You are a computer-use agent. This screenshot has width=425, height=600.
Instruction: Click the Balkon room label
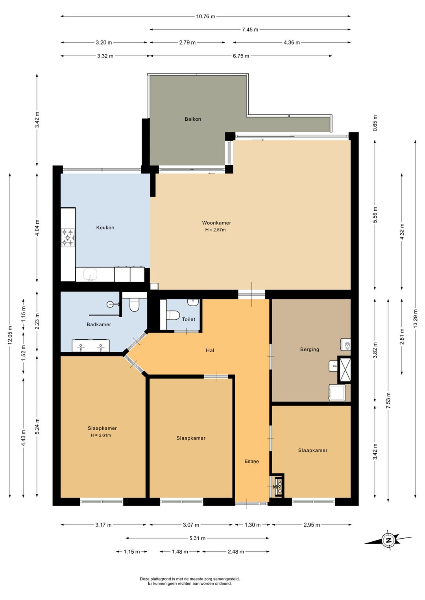point(192,119)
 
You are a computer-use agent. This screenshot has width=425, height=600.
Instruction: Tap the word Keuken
point(105,227)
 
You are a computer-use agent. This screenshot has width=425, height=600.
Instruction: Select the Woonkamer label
point(216,223)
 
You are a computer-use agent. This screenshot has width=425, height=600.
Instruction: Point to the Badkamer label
point(99,324)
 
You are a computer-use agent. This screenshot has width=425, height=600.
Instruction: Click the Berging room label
point(310,349)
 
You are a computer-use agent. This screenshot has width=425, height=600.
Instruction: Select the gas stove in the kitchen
point(68,237)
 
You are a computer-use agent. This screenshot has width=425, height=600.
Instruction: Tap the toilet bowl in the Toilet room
point(173,315)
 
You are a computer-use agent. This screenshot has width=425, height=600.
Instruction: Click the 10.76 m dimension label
point(206,17)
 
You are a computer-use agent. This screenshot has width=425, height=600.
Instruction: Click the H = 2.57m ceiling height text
point(216,230)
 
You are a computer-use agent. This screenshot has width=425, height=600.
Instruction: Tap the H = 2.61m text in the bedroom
point(101,435)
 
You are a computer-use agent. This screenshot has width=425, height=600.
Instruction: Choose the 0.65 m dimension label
point(375,123)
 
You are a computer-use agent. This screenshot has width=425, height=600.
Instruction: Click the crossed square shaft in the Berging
point(344,369)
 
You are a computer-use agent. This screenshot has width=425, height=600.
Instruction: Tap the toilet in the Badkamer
point(134,305)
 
